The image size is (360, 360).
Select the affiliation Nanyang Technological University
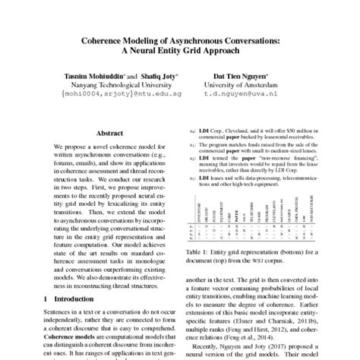click(126, 89)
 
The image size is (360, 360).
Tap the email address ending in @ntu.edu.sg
click(126, 98)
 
